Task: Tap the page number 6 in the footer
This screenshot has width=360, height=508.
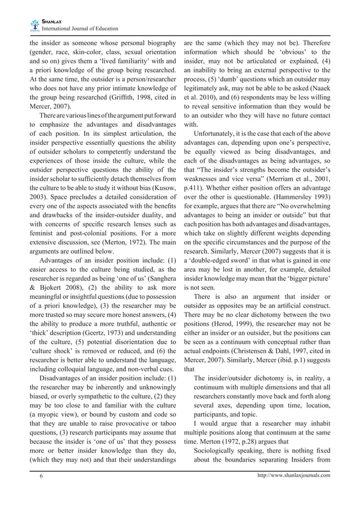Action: pos(41,476)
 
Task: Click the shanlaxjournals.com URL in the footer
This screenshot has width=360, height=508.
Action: pos(293,476)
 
